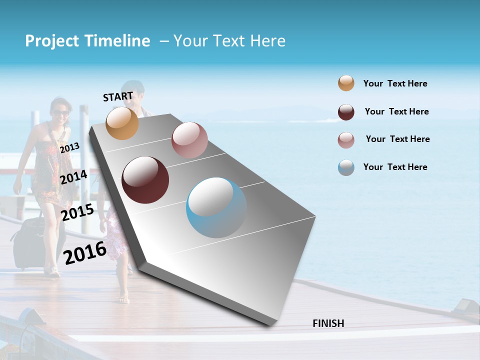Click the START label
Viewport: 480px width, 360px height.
[118, 96]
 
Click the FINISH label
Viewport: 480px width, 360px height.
[328, 323]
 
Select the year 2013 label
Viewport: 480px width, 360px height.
[69, 148]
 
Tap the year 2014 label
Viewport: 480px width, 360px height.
[73, 177]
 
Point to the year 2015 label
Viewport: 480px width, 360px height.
[77, 213]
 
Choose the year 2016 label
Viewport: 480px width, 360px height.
[85, 252]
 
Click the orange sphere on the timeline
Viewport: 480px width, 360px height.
[122, 123]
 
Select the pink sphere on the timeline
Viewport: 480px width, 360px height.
[189, 140]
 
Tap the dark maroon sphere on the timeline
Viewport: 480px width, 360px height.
[145, 180]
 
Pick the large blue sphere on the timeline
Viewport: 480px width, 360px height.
[216, 207]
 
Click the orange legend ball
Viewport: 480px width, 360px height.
[346, 83]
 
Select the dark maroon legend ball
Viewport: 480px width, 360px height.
[346, 112]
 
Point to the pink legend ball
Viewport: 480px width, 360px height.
[346, 140]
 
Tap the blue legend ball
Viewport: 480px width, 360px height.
[346, 167]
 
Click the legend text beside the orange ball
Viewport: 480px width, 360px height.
[395, 84]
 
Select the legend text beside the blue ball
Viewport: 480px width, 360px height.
[395, 167]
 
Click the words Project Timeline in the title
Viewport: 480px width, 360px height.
[87, 41]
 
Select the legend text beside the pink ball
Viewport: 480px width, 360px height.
[397, 139]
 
